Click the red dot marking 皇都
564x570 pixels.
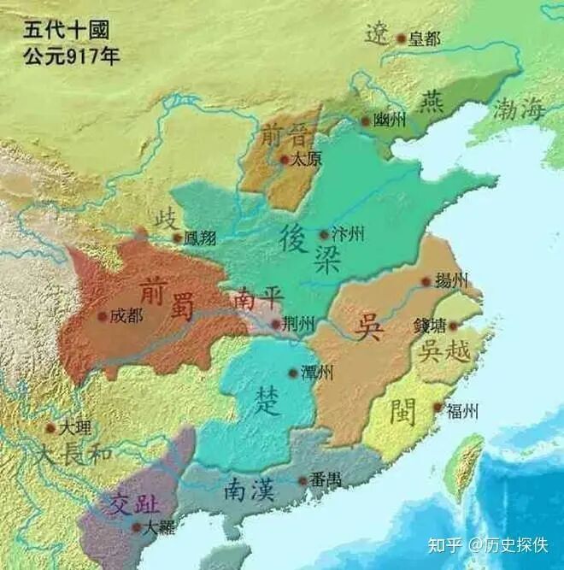(x=401, y=38)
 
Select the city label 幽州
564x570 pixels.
(x=390, y=120)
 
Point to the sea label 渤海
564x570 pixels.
(x=518, y=109)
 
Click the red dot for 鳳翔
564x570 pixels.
(x=177, y=238)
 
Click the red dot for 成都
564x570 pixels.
(x=103, y=316)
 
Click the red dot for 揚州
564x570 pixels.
(x=426, y=281)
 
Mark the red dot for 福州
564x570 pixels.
(x=438, y=408)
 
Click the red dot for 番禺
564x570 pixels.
(x=303, y=481)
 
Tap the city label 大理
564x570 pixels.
(x=70, y=426)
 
